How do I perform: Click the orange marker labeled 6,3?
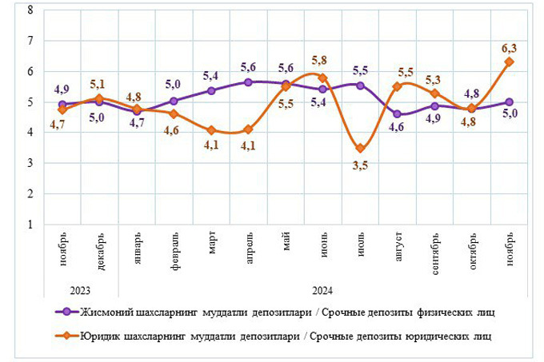point(509,62)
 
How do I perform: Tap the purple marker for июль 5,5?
point(360,86)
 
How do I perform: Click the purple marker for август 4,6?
point(398,113)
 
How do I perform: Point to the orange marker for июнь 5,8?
point(322,78)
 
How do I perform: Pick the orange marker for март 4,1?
point(211,129)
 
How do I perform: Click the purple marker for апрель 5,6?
point(248,82)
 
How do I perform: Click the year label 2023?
point(80,289)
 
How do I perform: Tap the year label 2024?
point(322,289)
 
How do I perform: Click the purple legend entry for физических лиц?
point(272,312)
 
